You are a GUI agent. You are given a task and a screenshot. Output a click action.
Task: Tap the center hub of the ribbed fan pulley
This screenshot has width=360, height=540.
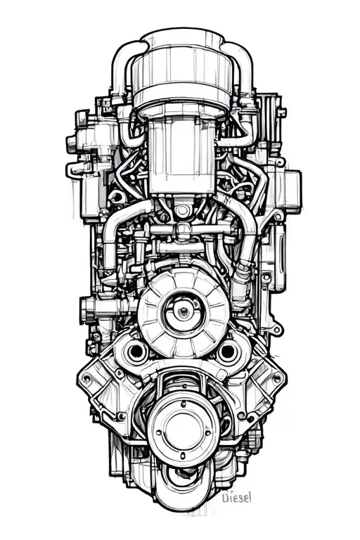click(183, 309)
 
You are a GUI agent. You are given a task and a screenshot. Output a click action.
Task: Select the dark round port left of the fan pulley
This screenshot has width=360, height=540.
click(135, 351)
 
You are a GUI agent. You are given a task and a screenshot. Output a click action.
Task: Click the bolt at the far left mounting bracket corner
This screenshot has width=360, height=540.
click(86, 378)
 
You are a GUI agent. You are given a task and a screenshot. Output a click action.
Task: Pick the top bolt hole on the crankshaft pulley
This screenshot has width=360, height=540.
click(183, 404)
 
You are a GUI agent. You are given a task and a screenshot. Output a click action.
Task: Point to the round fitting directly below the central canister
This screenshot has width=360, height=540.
click(183, 210)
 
